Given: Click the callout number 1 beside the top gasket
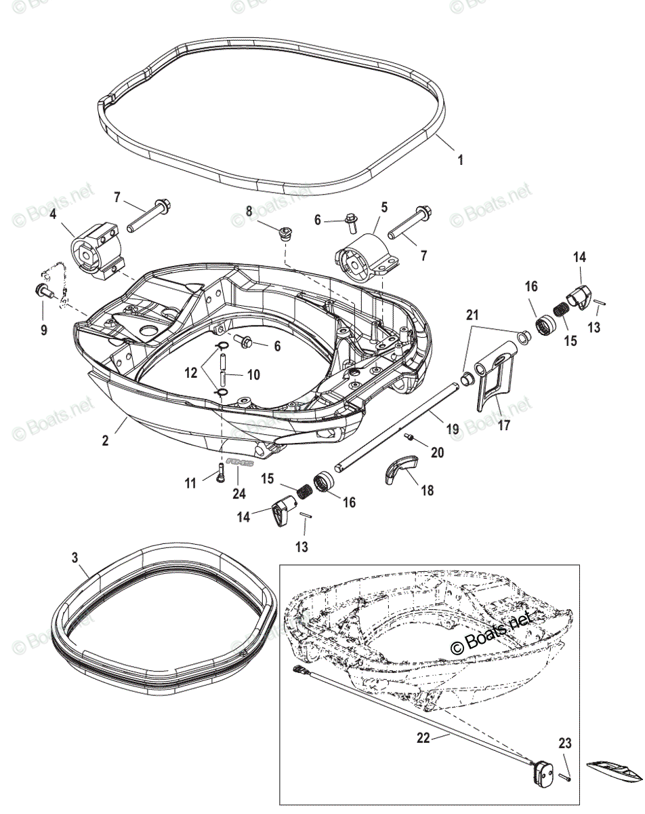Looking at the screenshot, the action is click(461, 161).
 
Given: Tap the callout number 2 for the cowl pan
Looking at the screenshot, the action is click(105, 441).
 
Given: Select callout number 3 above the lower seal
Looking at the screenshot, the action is click(75, 558).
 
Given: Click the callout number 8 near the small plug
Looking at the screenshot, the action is click(249, 212).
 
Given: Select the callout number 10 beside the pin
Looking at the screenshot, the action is click(234, 374).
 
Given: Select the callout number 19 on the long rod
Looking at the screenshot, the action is click(453, 429).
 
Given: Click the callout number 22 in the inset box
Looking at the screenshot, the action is click(423, 739).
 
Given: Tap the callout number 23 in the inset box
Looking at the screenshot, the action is click(564, 743).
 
